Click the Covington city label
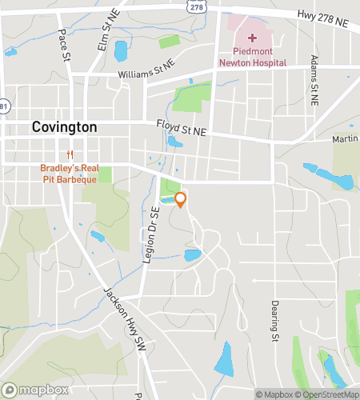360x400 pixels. [65, 127]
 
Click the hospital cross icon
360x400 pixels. [252, 38]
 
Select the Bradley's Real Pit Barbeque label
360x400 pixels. [70, 174]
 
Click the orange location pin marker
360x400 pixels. [181, 199]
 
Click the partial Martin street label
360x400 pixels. [346, 139]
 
